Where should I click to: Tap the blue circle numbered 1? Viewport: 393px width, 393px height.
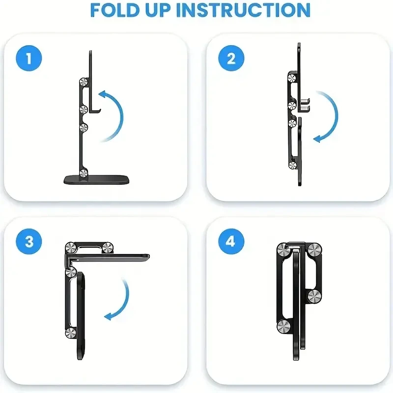point(29,59)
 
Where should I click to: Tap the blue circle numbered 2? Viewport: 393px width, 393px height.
point(231,59)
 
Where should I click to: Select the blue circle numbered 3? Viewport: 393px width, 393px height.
point(29,242)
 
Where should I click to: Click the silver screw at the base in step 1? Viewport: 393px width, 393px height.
point(84,172)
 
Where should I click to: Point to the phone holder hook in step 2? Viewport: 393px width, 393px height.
point(305,104)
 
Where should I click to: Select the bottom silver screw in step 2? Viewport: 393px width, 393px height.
point(293,166)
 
